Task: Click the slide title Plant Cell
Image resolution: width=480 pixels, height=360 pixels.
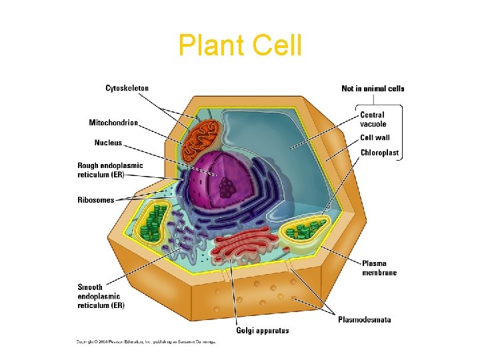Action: (x=240, y=45)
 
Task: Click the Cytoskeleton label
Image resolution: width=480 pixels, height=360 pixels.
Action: (x=127, y=88)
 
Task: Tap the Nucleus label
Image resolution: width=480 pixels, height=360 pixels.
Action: (x=108, y=142)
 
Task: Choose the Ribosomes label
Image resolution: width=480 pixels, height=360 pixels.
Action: (x=95, y=199)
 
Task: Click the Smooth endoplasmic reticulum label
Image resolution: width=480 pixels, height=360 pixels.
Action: (x=101, y=296)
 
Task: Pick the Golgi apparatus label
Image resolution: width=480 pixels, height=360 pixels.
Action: (x=263, y=331)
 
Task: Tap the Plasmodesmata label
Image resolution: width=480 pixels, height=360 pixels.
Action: (x=364, y=319)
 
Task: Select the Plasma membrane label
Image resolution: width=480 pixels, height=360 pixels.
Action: (x=379, y=267)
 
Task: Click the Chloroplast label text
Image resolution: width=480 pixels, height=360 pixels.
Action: (x=379, y=153)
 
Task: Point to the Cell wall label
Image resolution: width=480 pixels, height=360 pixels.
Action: (x=375, y=138)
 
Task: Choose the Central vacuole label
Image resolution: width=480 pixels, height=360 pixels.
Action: (x=373, y=119)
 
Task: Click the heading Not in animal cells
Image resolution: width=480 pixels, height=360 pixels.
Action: (x=373, y=89)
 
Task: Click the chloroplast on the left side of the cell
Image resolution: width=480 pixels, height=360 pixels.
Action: (x=155, y=222)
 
